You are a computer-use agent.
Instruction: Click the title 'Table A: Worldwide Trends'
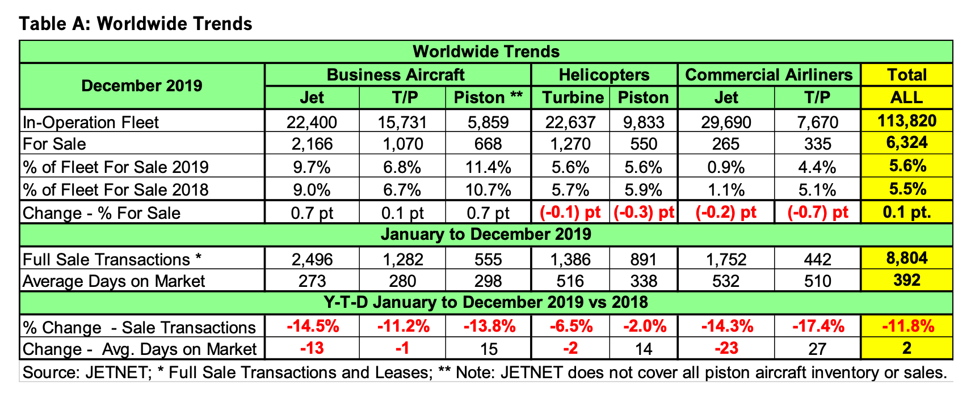click(x=136, y=24)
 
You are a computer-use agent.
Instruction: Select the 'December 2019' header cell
click(x=142, y=86)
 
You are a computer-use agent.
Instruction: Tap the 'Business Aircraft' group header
click(x=396, y=75)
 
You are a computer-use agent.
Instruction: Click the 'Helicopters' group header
click(x=604, y=75)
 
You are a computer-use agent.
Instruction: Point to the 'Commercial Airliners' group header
click(x=768, y=75)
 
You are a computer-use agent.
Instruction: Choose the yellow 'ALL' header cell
click(x=906, y=98)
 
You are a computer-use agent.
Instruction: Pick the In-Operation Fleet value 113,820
click(x=906, y=121)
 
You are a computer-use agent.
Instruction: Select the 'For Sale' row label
click(x=54, y=144)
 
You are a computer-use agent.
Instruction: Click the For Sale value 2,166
click(x=312, y=144)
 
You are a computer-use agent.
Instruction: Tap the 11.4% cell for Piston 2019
click(x=488, y=167)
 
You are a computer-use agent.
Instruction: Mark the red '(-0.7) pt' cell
click(x=817, y=213)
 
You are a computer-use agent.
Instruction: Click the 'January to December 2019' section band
click(x=486, y=234)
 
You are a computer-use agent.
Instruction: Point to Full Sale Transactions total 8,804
click(x=906, y=259)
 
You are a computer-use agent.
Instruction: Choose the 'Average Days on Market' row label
click(x=114, y=281)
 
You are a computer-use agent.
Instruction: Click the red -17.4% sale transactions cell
click(x=817, y=327)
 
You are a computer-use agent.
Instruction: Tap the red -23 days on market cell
click(x=726, y=349)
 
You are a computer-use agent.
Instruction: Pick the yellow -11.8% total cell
click(x=906, y=327)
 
